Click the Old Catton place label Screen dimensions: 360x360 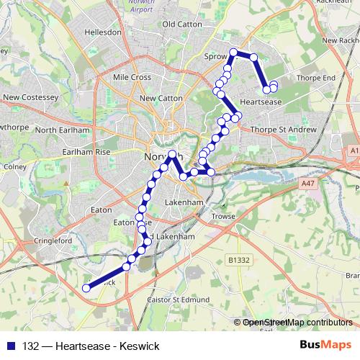[x=181, y=24]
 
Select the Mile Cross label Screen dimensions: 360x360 [x=130, y=76]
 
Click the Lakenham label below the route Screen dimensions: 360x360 [x=184, y=203]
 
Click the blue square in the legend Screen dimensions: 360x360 [x=12, y=346]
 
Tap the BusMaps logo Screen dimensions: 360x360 [x=325, y=345]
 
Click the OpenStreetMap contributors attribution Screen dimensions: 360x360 [x=297, y=323]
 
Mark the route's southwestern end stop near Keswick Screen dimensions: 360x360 [x=86, y=288]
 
